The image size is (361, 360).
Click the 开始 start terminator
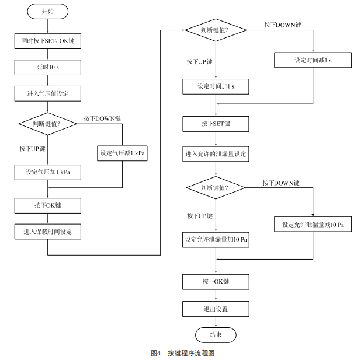[47, 11]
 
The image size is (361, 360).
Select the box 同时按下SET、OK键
[47, 41]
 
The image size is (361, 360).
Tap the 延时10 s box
[47, 67]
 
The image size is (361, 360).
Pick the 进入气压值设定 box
[47, 93]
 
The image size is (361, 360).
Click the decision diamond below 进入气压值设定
[47, 124]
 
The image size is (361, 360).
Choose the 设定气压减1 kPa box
[122, 153]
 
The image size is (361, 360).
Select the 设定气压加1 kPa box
[47, 172]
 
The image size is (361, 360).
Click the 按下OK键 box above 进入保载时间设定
[47, 205]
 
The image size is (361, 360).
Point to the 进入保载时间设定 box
[47, 232]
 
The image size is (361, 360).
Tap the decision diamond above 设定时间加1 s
[216, 30]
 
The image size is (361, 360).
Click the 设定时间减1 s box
[314, 60]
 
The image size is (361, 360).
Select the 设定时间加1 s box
[216, 86]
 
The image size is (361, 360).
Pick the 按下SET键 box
[216, 124]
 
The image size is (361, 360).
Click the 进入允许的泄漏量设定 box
[216, 154]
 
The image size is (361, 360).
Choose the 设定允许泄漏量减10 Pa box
[313, 224]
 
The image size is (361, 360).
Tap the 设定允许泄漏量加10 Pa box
[216, 240]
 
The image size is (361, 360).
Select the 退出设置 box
[216, 308]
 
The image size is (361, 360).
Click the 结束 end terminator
[216, 334]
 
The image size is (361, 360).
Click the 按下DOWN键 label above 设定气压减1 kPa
[103, 118]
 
